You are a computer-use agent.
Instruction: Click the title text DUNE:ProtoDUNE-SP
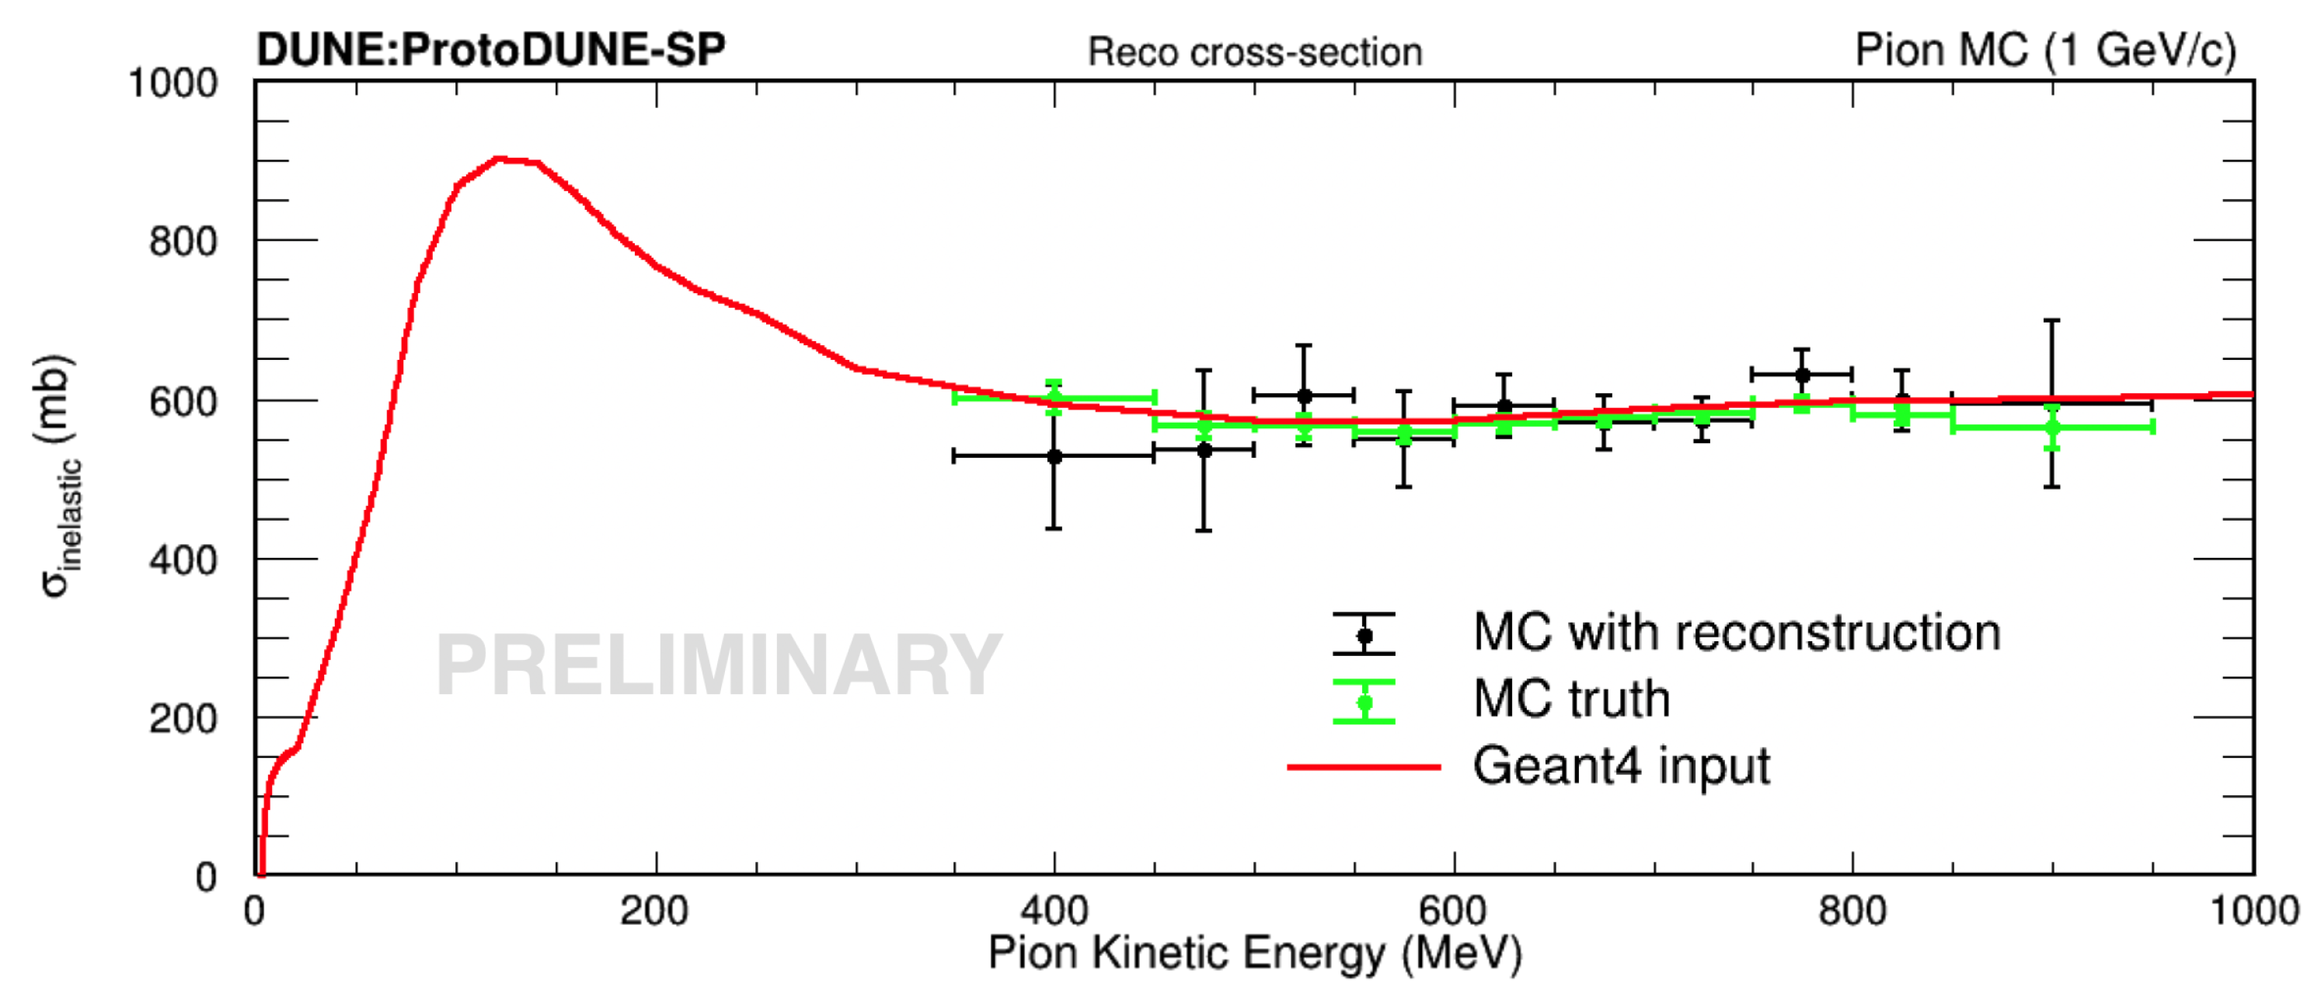[x=491, y=49]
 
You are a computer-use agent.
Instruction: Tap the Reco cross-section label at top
[x=1255, y=52]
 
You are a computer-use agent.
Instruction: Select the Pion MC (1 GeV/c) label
[x=2045, y=51]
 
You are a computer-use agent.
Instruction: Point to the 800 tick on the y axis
[x=183, y=242]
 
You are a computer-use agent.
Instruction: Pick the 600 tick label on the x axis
[x=1452, y=910]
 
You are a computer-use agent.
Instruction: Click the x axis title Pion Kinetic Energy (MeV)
[x=1255, y=954]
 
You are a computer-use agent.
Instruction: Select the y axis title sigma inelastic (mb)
[x=56, y=475]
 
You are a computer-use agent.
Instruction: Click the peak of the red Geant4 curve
[x=499, y=159]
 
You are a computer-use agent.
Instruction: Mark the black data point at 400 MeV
[x=1054, y=457]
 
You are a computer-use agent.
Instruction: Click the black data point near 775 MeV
[x=1802, y=375]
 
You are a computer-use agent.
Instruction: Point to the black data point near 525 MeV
[x=1304, y=396]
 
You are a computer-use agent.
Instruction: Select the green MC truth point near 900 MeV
[x=2052, y=427]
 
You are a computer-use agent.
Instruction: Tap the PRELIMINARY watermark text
[x=718, y=665]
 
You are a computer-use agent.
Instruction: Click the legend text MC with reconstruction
[x=1736, y=633]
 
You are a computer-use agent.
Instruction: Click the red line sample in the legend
[x=1363, y=767]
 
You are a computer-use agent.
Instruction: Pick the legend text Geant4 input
[x=1621, y=767]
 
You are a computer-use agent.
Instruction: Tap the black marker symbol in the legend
[x=1364, y=636]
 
